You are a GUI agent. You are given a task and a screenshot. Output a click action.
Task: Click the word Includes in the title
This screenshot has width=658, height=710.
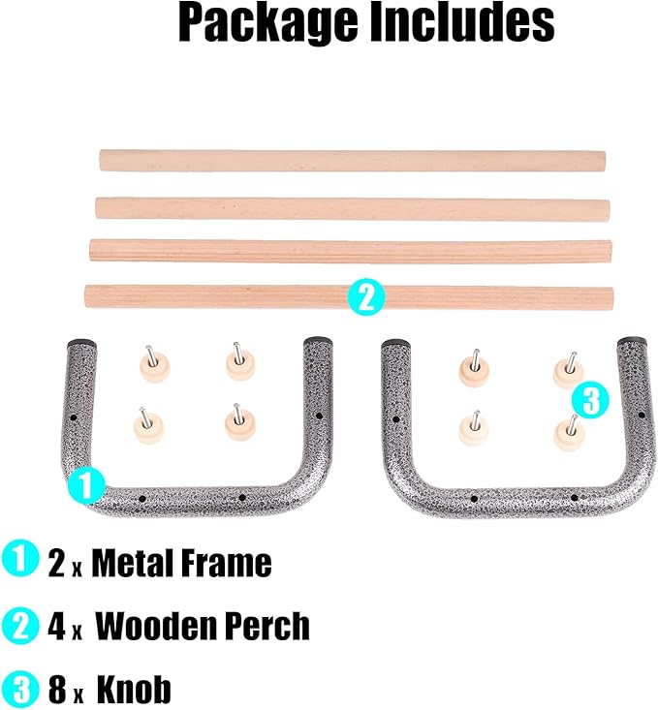click(x=462, y=21)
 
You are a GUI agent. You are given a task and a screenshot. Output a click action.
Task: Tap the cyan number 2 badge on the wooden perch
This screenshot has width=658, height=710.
click(x=366, y=298)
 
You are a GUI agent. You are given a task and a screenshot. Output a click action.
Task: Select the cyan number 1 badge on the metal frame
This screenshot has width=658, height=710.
click(x=86, y=485)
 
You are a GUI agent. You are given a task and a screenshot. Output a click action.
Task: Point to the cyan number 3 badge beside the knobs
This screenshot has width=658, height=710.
click(x=590, y=400)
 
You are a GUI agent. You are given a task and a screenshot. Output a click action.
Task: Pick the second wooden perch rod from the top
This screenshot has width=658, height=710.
click(x=353, y=208)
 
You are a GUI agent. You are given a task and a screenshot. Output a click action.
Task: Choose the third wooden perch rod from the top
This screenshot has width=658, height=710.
click(x=350, y=251)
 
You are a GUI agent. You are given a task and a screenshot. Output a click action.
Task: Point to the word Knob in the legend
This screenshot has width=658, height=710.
click(x=134, y=689)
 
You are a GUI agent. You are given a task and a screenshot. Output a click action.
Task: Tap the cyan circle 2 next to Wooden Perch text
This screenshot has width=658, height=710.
click(x=19, y=626)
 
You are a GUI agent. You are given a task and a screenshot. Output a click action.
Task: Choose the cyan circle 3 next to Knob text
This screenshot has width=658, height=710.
click(x=19, y=690)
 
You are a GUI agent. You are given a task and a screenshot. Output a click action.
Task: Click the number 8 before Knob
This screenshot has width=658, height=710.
click(x=57, y=690)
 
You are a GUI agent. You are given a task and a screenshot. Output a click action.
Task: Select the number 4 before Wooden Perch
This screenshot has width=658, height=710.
click(x=57, y=627)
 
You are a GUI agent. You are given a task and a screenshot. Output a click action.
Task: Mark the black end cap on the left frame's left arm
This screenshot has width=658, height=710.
click(x=82, y=343)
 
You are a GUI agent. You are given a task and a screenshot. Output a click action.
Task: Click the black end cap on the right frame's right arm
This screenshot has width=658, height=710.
click(x=633, y=340)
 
